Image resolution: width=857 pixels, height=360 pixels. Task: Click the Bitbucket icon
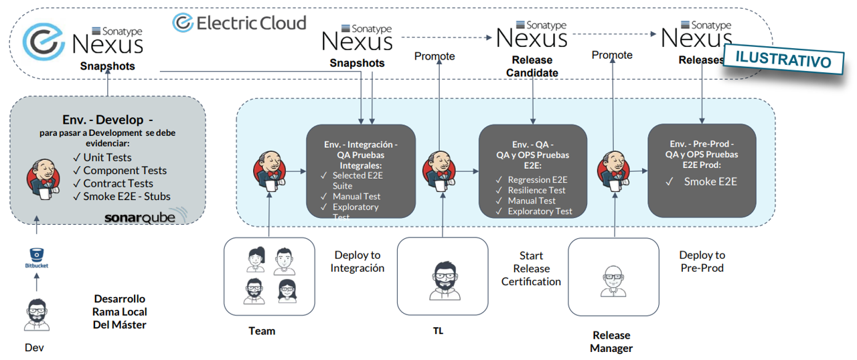37,257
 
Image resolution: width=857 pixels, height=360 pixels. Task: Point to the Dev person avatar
37,315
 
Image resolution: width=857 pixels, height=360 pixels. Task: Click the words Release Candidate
532,66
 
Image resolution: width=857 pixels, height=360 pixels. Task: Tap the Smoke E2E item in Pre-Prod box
710,181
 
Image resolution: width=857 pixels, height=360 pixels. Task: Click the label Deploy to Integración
358,262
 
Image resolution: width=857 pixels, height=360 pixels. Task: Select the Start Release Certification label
531,268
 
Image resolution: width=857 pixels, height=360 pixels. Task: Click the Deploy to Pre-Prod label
702,262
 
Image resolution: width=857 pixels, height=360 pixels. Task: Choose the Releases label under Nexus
701,60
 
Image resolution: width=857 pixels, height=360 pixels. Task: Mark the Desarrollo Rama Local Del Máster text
119,312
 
